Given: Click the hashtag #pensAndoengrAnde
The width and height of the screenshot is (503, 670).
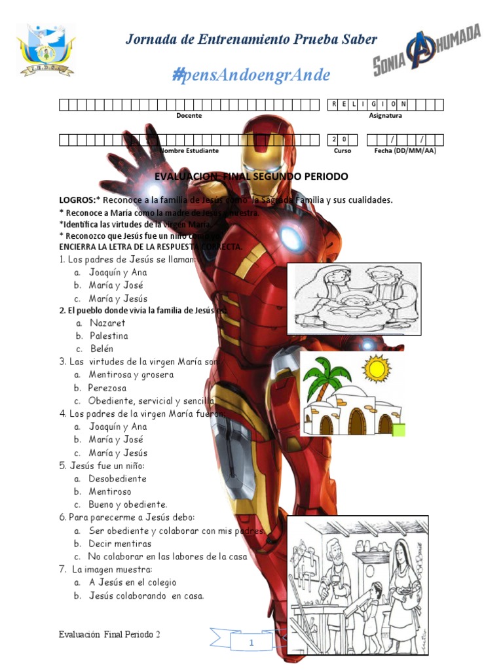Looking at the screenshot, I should pos(251,75).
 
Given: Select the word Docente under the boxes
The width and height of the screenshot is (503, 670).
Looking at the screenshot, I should pos(189,116).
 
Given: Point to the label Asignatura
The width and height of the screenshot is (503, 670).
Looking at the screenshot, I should pos(386,116).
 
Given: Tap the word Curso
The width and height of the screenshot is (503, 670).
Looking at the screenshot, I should pos(342,150).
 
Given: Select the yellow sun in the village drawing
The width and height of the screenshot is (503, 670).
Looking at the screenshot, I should pos(377,368).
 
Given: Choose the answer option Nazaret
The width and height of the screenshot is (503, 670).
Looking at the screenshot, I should pos(107,323).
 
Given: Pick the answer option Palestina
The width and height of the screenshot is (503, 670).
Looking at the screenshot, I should pos(109,336).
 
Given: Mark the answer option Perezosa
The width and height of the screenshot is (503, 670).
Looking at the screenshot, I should pos(107,388).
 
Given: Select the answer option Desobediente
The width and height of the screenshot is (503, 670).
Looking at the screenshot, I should pos(118,479).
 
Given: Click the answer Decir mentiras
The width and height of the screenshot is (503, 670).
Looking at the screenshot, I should pos(120,544).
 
